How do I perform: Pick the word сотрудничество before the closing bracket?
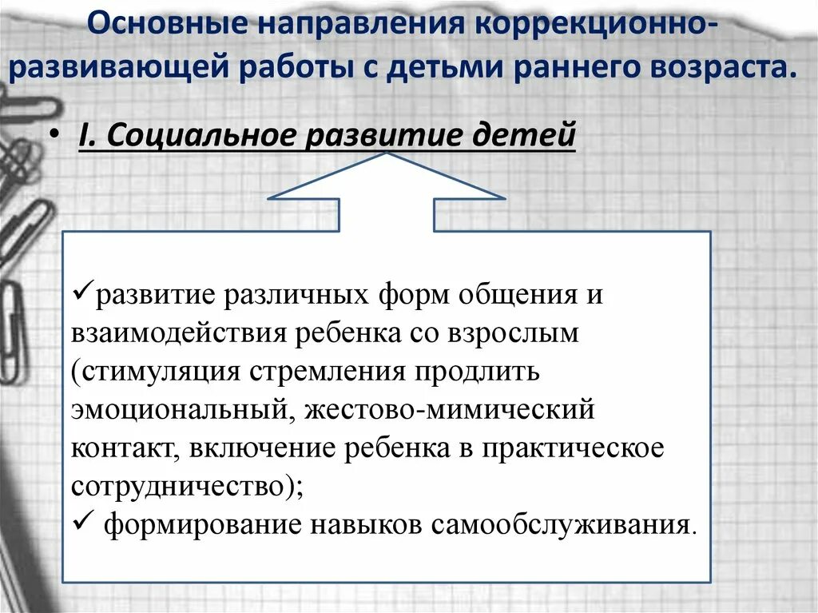tap(177, 487)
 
